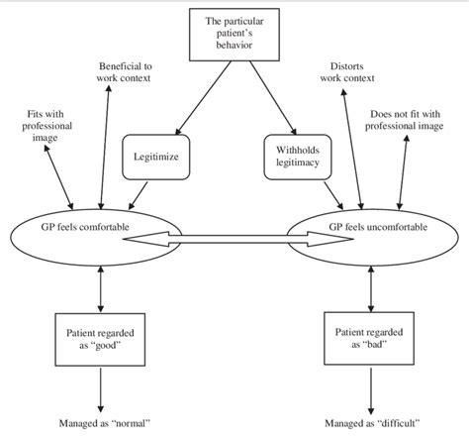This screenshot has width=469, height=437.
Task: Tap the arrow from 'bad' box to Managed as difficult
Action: [x=370, y=389]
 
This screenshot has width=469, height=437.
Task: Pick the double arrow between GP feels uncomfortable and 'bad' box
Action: [x=370, y=286]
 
